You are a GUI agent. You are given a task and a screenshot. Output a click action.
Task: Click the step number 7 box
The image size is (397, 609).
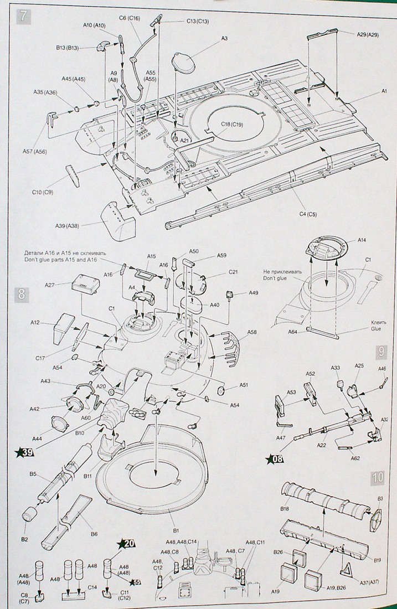23,15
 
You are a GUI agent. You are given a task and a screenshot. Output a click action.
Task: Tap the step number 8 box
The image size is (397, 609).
22,294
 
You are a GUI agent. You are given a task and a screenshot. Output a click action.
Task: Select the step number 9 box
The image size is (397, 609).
381,352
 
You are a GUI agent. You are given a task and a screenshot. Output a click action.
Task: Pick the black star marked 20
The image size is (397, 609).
127,543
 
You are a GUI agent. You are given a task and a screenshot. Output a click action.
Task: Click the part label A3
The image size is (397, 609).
224,38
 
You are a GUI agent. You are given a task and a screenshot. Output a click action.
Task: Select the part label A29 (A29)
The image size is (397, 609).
366,35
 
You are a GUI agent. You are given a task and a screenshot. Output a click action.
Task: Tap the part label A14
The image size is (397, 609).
362,240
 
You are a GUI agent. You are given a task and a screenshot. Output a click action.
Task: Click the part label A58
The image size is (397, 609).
252,332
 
